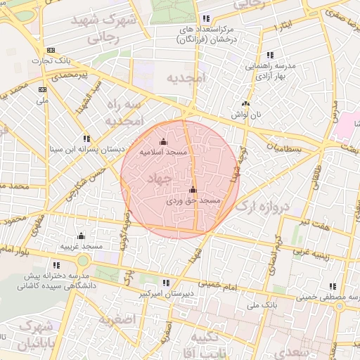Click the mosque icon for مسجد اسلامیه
(164, 141)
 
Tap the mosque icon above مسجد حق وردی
(193, 190)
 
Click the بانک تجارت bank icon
(51, 50)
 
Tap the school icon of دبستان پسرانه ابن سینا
(86, 139)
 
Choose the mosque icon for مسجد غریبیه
(81, 236)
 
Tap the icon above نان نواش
(245, 103)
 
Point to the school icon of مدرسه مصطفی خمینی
(333, 287)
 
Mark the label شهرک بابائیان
(30, 336)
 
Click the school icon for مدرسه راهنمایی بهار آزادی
(270, 55)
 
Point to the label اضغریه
(116, 321)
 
